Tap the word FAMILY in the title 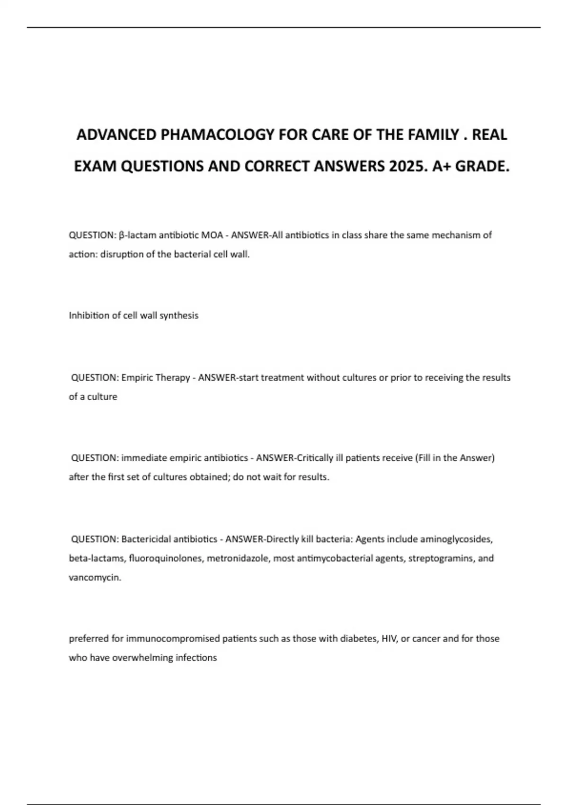424,135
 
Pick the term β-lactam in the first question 137,235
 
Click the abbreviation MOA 212,235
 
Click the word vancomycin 94,578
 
